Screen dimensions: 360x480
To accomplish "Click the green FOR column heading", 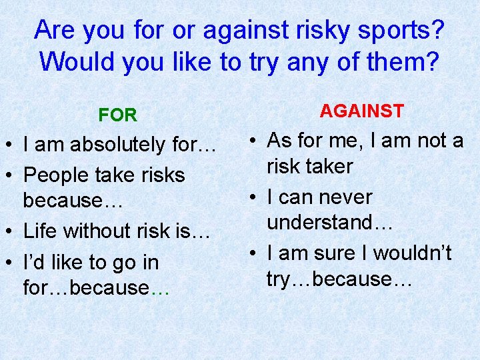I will tap(117, 115).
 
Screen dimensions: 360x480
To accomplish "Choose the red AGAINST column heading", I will tap(361, 111).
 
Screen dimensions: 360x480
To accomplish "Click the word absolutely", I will tap(114, 144).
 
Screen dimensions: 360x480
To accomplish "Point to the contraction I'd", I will tap(32, 262).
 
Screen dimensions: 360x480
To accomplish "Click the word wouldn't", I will tap(412, 253).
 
